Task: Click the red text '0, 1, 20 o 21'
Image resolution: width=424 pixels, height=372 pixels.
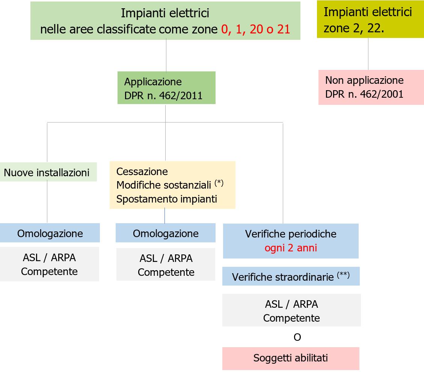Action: [x=256, y=29]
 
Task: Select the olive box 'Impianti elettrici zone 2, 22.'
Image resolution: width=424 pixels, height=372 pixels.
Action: [x=370, y=20]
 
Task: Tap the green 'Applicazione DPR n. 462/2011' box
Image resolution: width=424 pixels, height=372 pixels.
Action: [x=166, y=88]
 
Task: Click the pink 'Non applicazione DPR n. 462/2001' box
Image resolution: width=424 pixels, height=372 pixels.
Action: [x=371, y=87]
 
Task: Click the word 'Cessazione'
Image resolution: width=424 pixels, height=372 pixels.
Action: [x=142, y=172]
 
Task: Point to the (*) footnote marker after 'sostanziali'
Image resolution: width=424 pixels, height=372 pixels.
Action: [x=219, y=183]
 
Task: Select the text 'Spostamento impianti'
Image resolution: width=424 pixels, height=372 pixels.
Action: [x=166, y=199]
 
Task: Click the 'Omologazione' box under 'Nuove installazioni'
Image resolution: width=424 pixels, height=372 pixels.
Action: [x=50, y=233]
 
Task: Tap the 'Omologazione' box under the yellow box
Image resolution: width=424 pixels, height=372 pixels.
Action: [x=166, y=233]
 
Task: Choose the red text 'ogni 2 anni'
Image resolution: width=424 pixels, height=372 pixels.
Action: [x=291, y=248]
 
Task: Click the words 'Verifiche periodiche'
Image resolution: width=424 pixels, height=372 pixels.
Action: [x=291, y=234]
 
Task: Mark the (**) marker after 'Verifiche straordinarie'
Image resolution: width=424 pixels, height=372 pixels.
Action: [x=343, y=275]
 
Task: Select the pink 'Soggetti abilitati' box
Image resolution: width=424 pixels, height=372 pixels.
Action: [x=291, y=358]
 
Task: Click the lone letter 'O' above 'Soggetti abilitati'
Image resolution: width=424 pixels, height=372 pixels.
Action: [x=297, y=337]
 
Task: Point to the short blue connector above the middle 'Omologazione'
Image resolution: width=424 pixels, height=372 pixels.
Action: [x=165, y=216]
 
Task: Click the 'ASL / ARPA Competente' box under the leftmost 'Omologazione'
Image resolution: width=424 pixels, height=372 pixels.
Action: [x=49, y=264]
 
